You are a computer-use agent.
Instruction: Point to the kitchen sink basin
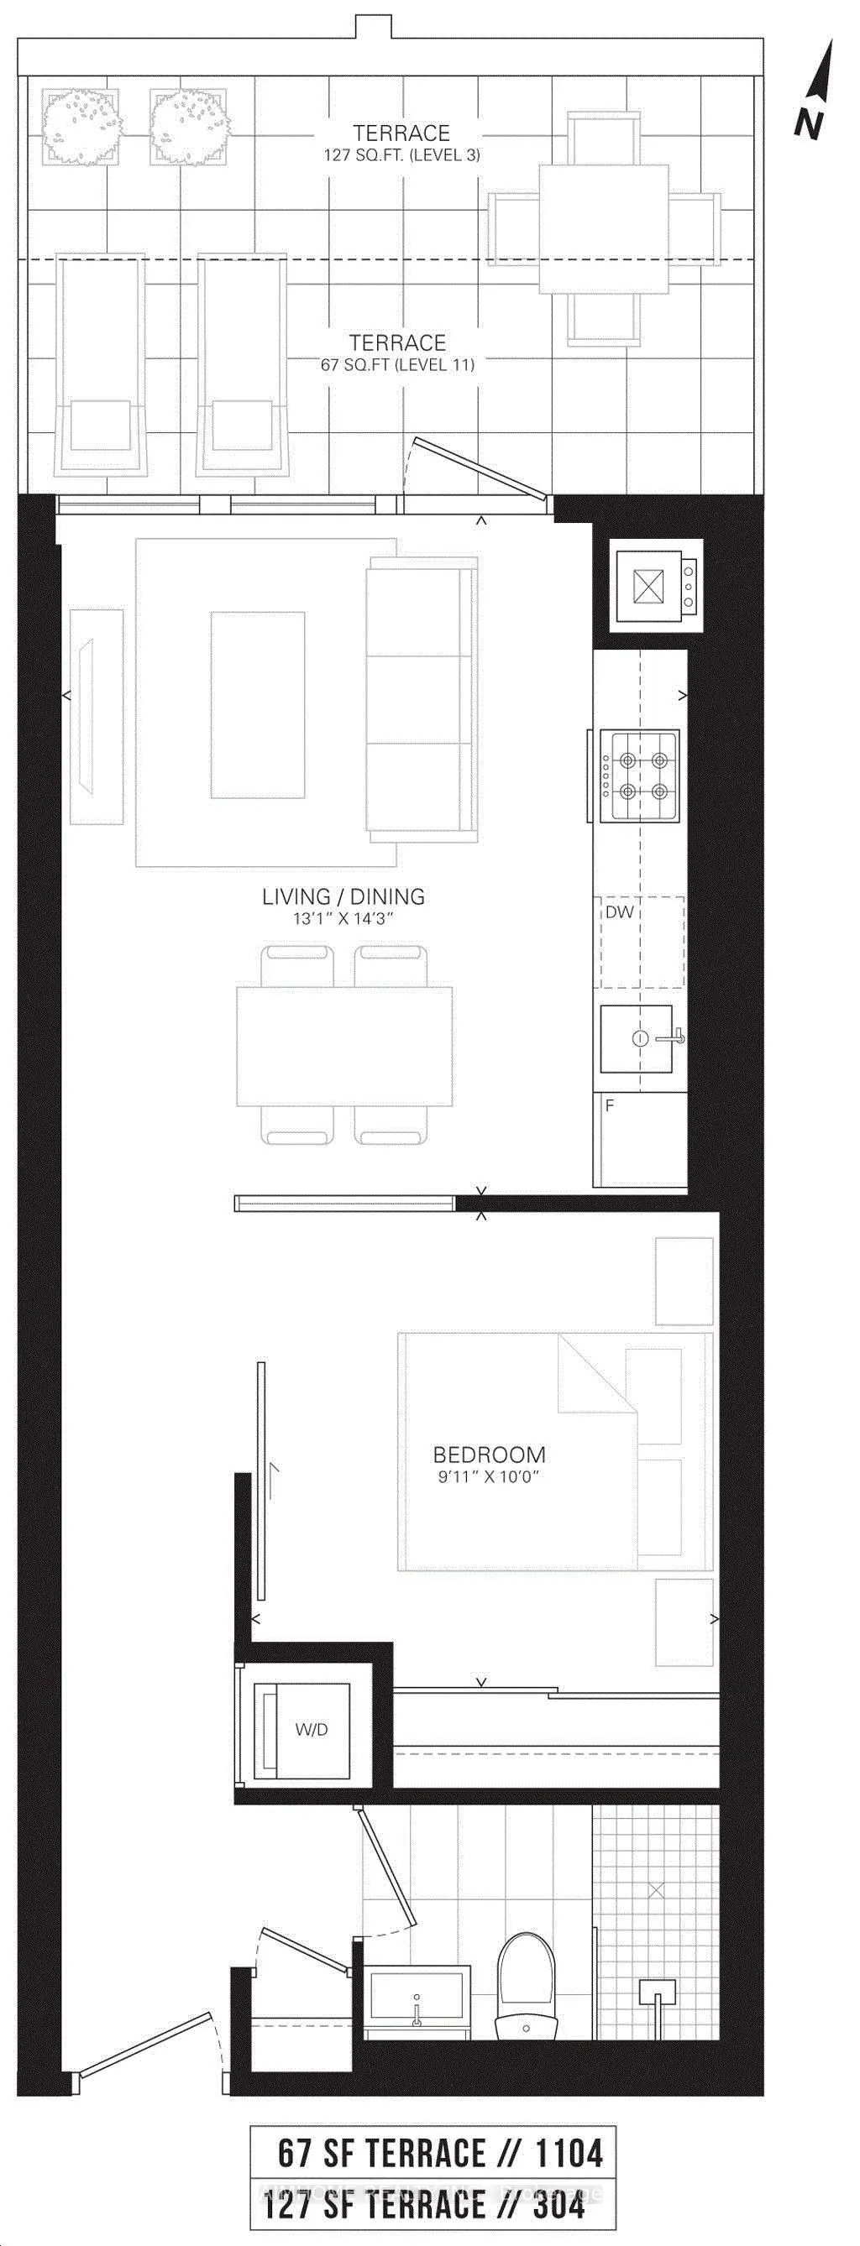pyautogui.click(x=636, y=1038)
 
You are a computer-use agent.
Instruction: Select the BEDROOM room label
pyautogui.click(x=490, y=1455)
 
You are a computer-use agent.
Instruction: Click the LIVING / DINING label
pyautogui.click(x=343, y=896)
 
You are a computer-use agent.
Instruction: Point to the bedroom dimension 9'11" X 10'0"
pyautogui.click(x=490, y=1477)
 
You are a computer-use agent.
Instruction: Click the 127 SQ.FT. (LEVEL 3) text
pyautogui.click(x=402, y=155)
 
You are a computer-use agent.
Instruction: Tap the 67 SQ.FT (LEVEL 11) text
pyautogui.click(x=398, y=364)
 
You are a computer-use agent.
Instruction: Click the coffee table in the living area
pyautogui.click(x=257, y=704)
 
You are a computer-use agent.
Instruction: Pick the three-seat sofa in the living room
pyautogui.click(x=422, y=699)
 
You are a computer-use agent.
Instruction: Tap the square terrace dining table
pyautogui.click(x=604, y=229)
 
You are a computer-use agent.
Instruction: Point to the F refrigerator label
pyautogui.click(x=610, y=1105)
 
